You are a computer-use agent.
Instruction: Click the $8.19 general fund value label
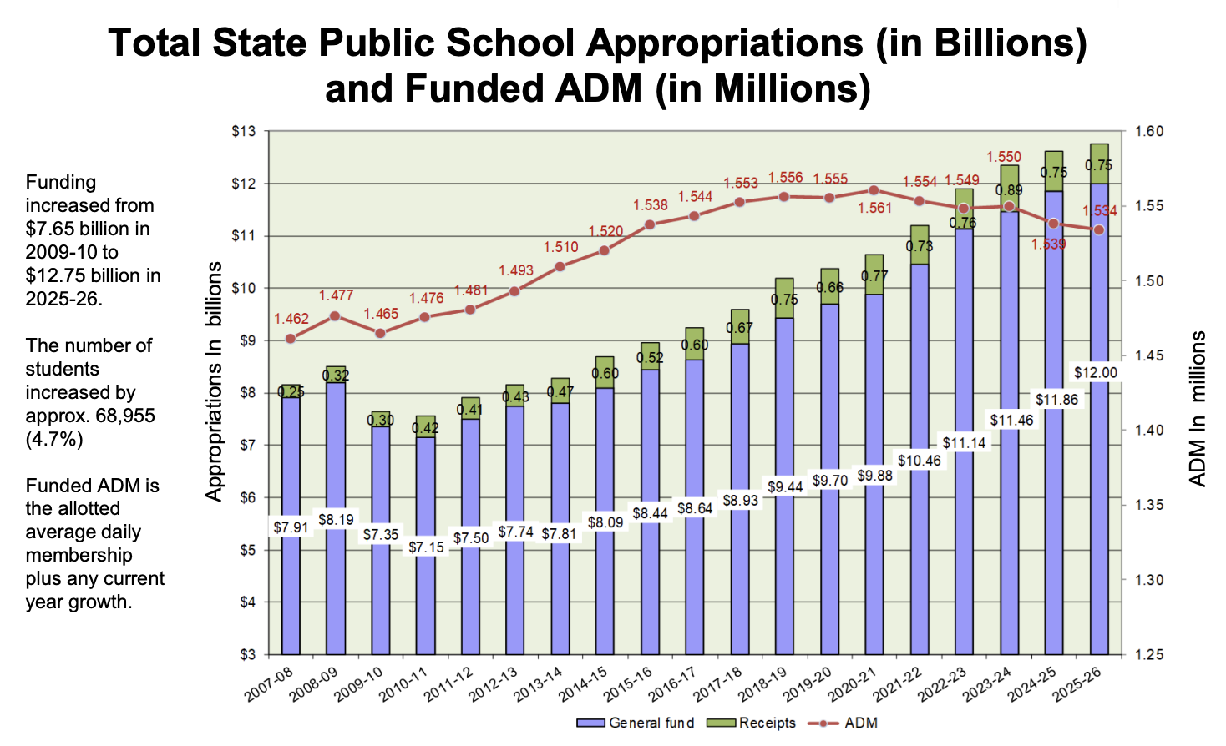click(336, 520)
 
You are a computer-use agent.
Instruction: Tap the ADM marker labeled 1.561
click(874, 190)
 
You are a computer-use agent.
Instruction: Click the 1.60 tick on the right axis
click(1149, 132)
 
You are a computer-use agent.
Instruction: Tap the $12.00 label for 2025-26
click(1095, 373)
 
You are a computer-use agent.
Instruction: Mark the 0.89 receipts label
click(1009, 190)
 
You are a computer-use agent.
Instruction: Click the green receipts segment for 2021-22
click(919, 244)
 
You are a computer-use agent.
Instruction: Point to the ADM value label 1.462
click(291, 319)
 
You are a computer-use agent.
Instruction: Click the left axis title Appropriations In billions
click(215, 381)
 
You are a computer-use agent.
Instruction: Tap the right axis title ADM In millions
click(1198, 409)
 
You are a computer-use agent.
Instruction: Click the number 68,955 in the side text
click(124, 416)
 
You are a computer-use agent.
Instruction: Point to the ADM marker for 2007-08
click(291, 339)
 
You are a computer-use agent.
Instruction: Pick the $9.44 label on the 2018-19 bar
click(785, 486)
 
